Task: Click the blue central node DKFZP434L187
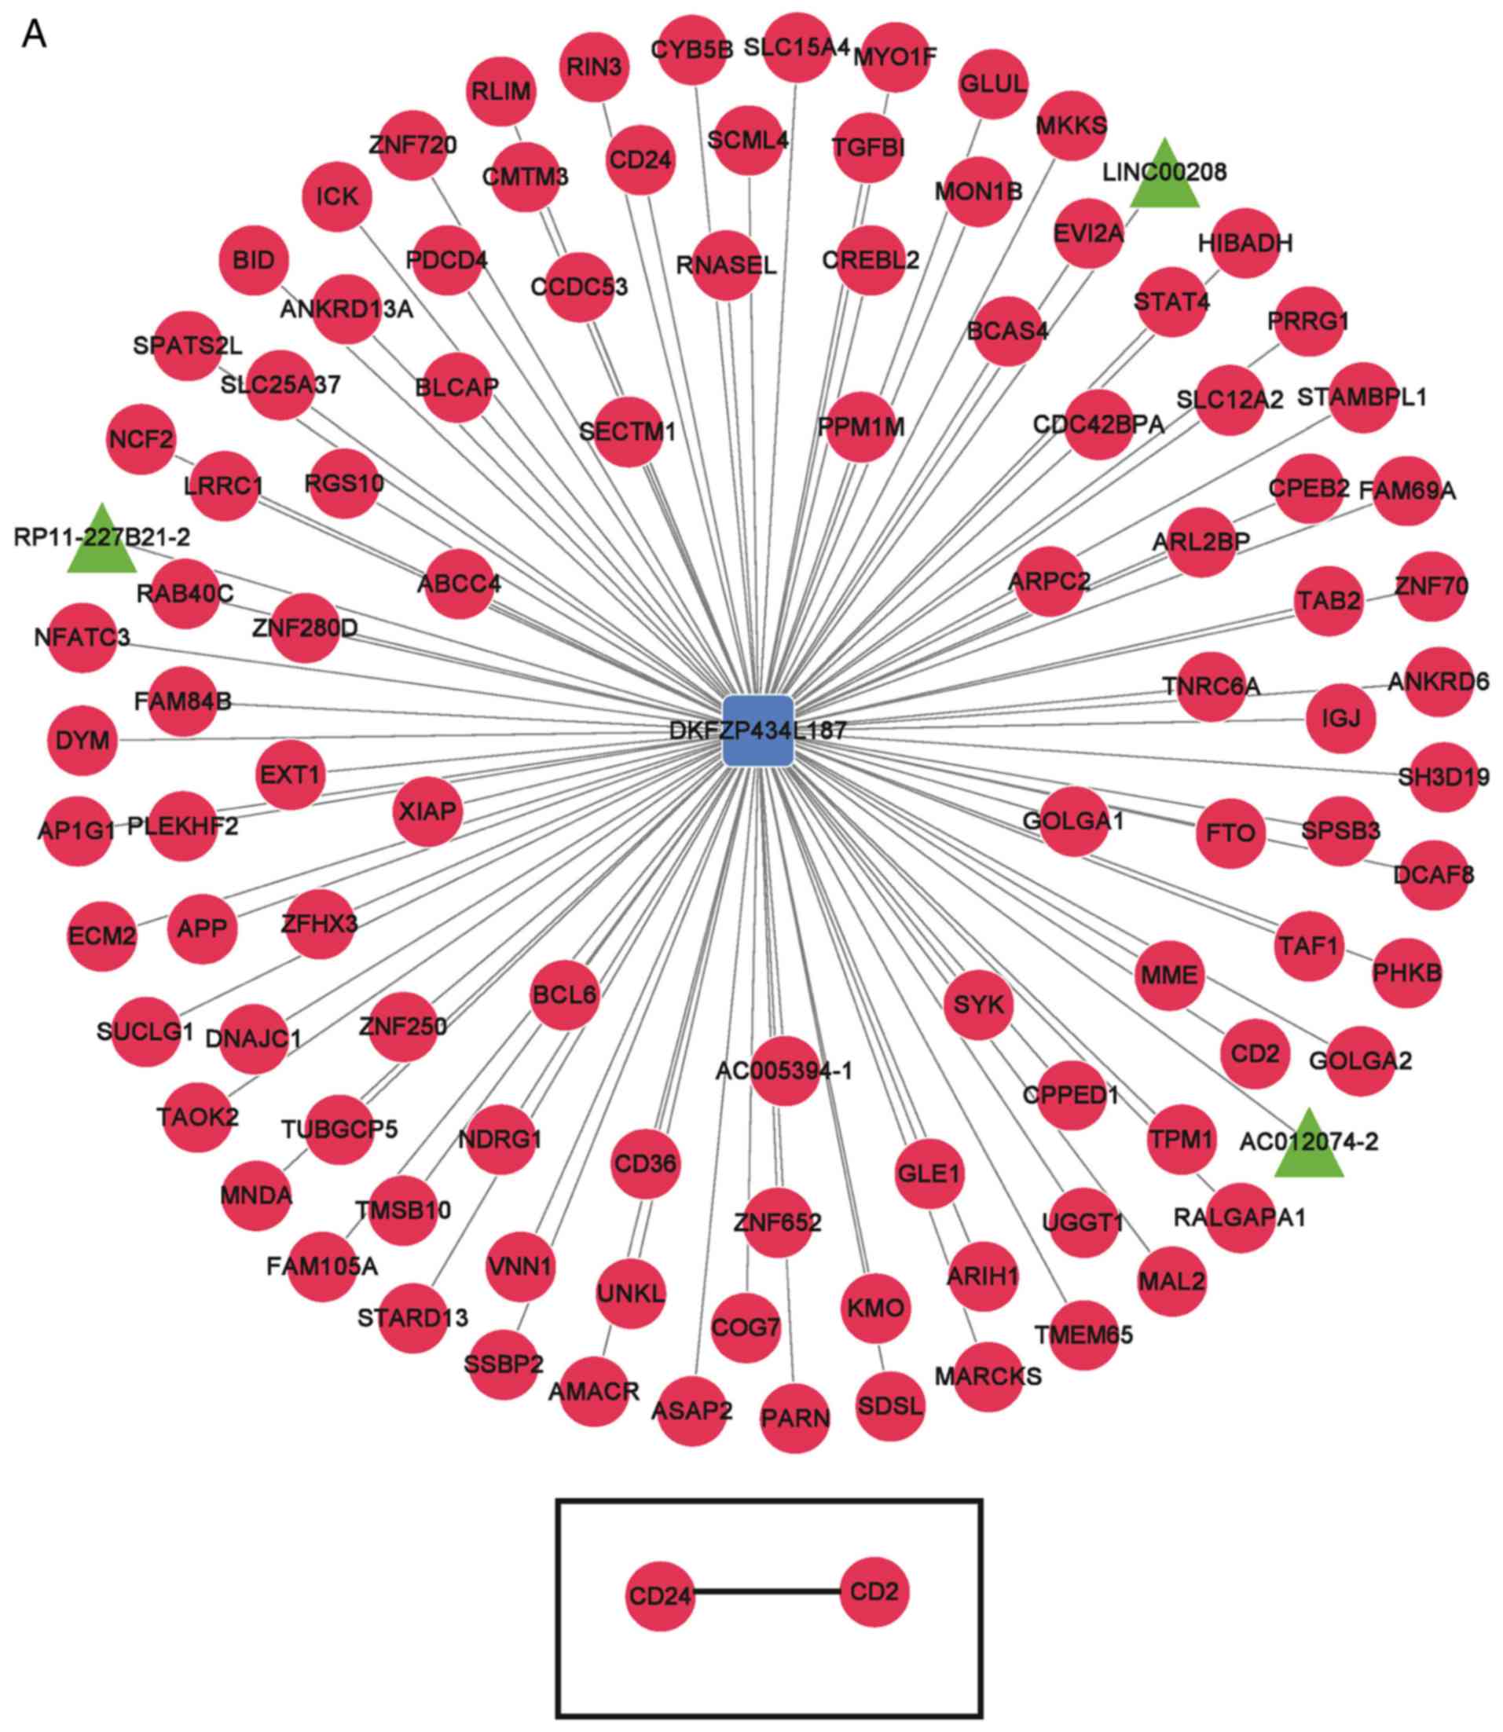tap(757, 731)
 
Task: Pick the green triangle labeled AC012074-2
tap(1308, 1146)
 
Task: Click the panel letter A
tap(35, 35)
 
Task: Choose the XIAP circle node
tap(427, 811)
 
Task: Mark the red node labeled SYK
tap(978, 1004)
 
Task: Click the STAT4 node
tap(1171, 301)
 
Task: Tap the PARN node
tap(795, 1419)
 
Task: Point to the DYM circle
tap(82, 740)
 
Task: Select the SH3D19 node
tap(1443, 777)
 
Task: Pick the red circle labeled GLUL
tap(993, 84)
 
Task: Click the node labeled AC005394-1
tap(784, 1071)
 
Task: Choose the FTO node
tap(1230, 833)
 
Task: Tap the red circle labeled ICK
tap(337, 196)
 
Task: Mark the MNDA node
tap(256, 1196)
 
